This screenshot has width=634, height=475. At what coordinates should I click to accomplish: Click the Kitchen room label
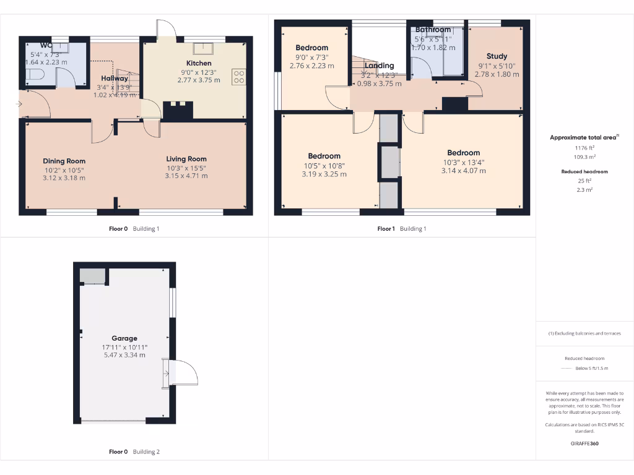pyautogui.click(x=199, y=63)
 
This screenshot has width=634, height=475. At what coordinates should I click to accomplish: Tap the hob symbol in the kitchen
pyautogui.click(x=239, y=77)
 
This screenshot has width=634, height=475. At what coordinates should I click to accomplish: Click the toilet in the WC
pyautogui.click(x=35, y=76)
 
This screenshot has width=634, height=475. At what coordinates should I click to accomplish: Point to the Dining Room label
pyautogui.click(x=64, y=161)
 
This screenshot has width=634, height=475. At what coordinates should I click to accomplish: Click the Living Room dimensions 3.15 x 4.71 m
pyautogui.click(x=186, y=176)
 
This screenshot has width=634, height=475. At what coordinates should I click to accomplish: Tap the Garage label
pyautogui.click(x=124, y=338)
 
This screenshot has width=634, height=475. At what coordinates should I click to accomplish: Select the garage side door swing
pyautogui.click(x=183, y=373)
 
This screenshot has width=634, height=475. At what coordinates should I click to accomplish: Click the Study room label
pyautogui.click(x=497, y=56)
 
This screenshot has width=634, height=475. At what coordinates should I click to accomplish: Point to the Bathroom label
pyautogui.click(x=433, y=30)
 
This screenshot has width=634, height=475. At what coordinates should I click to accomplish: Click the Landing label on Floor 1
pyautogui.click(x=379, y=66)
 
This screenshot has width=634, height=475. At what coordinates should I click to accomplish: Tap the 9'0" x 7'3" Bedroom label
pyautogui.click(x=311, y=48)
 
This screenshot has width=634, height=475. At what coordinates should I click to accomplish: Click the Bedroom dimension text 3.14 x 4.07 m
pyautogui.click(x=463, y=171)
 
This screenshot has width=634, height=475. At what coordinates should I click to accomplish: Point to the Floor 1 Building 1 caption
pyautogui.click(x=402, y=229)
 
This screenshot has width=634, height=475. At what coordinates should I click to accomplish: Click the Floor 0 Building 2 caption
pyautogui.click(x=134, y=451)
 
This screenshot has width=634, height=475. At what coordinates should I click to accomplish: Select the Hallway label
pyautogui.click(x=115, y=79)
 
